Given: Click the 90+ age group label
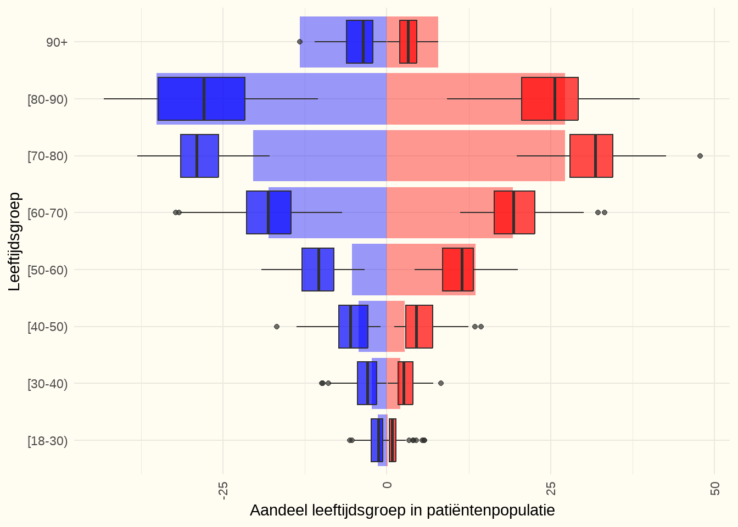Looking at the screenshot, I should [x=57, y=42].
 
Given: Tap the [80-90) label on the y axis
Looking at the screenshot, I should [x=48, y=99].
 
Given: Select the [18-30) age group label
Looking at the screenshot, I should [x=48, y=441].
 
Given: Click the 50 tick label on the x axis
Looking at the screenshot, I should [x=714, y=489].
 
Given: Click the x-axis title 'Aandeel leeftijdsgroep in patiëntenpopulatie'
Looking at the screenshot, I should [x=402, y=511].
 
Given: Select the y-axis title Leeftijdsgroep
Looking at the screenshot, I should [x=14, y=241].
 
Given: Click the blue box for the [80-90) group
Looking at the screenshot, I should [x=201, y=99].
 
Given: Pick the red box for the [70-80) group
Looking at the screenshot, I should [x=591, y=156].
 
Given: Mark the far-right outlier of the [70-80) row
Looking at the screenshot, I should [x=700, y=156].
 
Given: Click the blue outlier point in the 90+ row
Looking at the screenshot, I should [x=300, y=42].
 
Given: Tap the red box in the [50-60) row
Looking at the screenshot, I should [x=457, y=270].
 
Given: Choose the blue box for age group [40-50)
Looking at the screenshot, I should [x=353, y=327].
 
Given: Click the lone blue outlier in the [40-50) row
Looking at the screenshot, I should [x=277, y=327].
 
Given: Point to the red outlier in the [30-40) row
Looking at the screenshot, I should [x=441, y=383].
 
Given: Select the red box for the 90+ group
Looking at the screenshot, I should [x=408, y=42].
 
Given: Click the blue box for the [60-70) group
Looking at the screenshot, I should [x=269, y=212].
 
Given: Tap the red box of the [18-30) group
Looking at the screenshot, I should [x=393, y=440].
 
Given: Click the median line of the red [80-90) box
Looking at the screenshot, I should [x=555, y=99].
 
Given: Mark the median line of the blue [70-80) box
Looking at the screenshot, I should [x=197, y=156].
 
